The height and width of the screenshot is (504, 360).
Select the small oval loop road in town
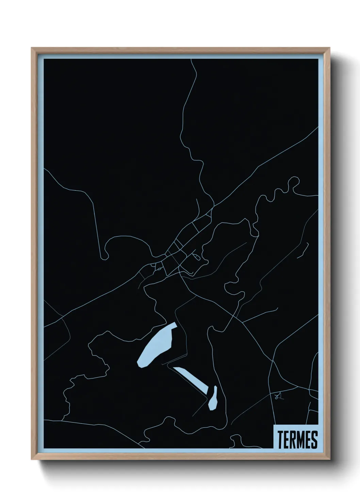[196, 256]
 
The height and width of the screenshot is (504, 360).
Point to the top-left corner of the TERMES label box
[274, 425]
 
